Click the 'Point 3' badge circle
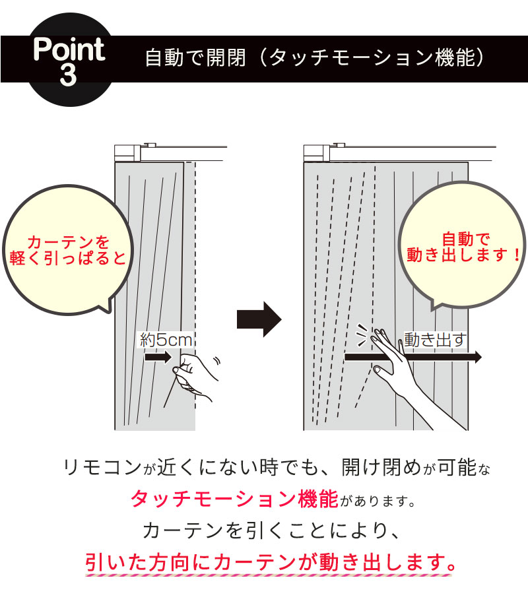pyautogui.click(x=68, y=63)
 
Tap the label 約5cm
pyautogui.click(x=166, y=340)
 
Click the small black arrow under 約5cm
pyautogui.click(x=157, y=358)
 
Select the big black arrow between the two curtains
pyautogui.click(x=259, y=319)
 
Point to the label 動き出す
pyautogui.click(x=435, y=340)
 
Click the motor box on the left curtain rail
pyautogui.click(x=127, y=152)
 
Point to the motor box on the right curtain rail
pyautogui.click(x=315, y=152)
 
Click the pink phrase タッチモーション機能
pyautogui.click(x=234, y=499)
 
